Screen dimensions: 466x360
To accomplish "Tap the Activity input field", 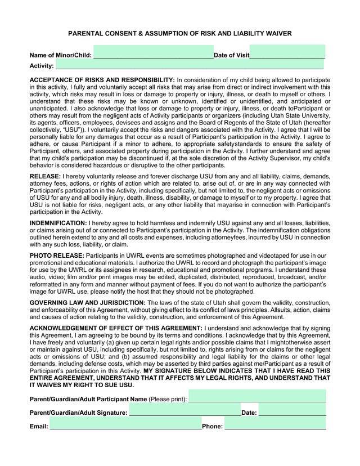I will (190, 66).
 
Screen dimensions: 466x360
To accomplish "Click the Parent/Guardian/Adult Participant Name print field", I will (257, 398).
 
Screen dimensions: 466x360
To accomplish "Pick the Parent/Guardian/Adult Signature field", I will (184, 413).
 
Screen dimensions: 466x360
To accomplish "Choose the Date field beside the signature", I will (292, 413).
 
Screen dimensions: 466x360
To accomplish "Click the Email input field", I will (125, 426).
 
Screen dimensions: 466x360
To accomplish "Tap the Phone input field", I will (275, 426).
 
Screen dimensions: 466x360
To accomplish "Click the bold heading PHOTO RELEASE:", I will (57, 256).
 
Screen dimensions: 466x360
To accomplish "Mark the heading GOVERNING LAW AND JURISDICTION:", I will (87, 303).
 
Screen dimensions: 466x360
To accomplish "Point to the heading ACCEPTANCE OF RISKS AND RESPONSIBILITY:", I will (102, 80).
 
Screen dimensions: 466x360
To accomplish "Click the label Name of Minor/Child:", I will (60, 55).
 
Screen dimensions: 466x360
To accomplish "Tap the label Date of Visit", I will (231, 55).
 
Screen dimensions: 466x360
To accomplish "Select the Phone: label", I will (212, 427).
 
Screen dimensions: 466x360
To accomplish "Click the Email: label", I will (39, 427).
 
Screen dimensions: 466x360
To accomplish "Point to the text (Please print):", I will (168, 399).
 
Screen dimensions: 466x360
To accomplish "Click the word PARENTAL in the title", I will (88, 34).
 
